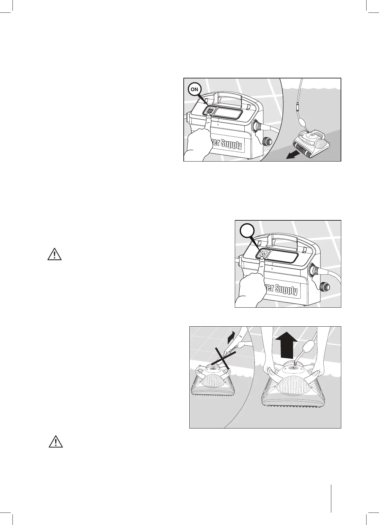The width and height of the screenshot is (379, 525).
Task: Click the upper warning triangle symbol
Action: tap(54, 254)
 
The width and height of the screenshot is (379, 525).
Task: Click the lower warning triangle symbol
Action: tap(56, 442)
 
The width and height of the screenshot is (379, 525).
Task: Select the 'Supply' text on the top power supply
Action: tap(231, 145)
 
